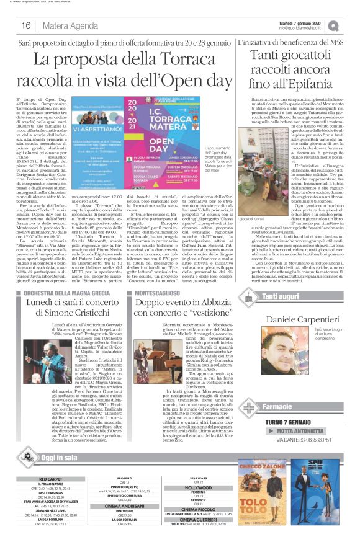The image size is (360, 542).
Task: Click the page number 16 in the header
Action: click(x=26, y=25)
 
